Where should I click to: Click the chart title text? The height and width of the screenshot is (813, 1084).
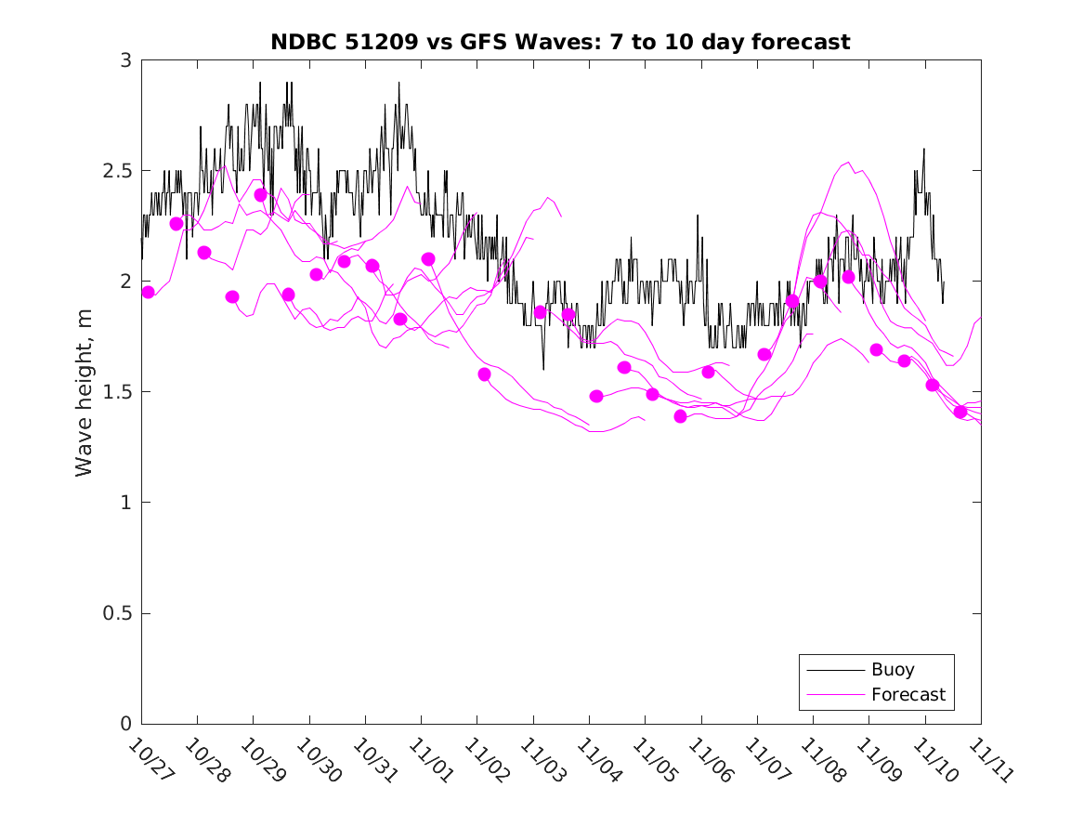click(560, 42)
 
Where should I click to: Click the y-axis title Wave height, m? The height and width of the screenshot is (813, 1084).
click(85, 391)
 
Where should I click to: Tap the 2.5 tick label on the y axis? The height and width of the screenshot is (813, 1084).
click(118, 171)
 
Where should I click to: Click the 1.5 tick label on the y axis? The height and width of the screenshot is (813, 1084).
click(118, 392)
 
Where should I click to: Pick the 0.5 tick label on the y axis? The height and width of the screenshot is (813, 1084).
click(118, 613)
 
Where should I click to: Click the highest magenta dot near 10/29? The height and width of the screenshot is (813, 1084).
click(261, 195)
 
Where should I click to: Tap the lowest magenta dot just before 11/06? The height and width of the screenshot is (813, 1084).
click(680, 416)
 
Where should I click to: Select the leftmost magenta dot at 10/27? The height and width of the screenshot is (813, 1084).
click(148, 293)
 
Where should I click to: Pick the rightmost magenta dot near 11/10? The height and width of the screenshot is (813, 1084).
click(960, 412)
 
